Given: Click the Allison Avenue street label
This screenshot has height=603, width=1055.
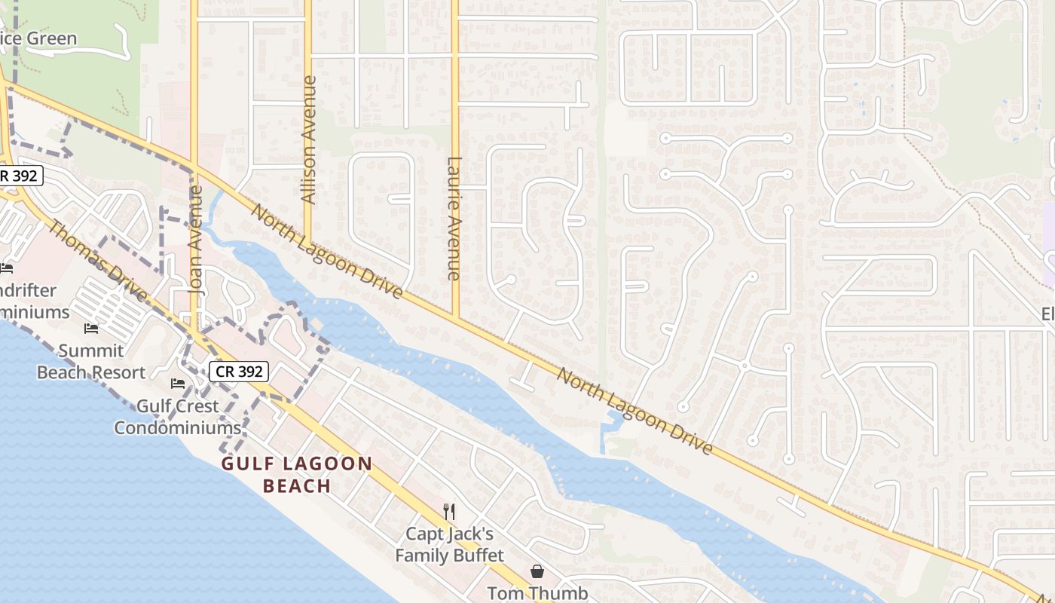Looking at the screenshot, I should [x=308, y=139].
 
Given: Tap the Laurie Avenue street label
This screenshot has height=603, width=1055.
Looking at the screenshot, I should [x=454, y=219].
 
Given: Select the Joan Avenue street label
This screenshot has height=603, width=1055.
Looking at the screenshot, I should [x=196, y=240].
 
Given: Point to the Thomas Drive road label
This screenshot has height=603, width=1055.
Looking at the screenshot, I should [x=98, y=259].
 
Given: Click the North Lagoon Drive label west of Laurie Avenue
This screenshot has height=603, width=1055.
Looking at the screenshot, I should [x=326, y=250].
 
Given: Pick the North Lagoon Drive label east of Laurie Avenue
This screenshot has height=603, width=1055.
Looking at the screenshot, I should [x=635, y=411].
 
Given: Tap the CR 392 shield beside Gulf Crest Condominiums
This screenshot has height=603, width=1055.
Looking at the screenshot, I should [x=238, y=371].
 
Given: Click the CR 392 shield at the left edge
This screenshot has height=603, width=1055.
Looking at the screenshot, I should [x=21, y=176].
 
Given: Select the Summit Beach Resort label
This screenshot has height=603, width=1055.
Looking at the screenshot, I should [x=91, y=362].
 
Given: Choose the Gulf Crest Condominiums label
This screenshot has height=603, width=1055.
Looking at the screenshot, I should [x=177, y=417].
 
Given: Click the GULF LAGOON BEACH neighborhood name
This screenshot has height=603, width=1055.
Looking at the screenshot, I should [x=297, y=474].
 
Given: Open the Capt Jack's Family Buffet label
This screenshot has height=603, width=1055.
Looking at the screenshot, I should [x=449, y=545].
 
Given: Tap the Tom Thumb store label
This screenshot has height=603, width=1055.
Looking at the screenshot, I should [x=537, y=592].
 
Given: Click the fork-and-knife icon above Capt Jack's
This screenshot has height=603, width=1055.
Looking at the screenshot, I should [x=449, y=512].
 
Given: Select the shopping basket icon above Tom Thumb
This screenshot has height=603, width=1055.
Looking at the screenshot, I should [x=537, y=571].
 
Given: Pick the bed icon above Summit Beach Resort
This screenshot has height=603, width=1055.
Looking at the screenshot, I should [x=91, y=329].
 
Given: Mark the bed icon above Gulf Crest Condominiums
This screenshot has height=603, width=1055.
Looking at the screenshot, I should [x=178, y=384].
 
